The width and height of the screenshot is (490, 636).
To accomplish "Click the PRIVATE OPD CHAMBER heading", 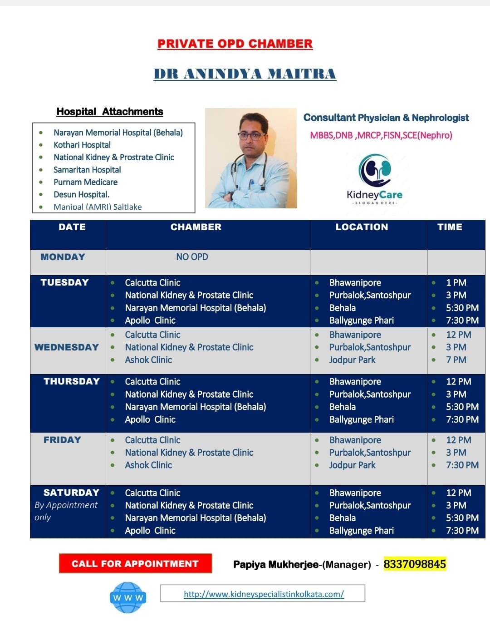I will click(x=235, y=44).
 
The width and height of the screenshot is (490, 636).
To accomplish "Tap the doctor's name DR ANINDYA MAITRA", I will click(x=245, y=74).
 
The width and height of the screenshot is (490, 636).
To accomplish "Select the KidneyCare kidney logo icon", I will click(x=375, y=170).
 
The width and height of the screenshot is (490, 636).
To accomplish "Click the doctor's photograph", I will click(x=251, y=158).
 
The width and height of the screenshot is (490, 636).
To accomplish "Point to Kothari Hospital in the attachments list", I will click(x=82, y=145).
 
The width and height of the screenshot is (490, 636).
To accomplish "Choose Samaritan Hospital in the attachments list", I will click(x=87, y=170).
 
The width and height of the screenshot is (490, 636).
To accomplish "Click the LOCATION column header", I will click(x=362, y=227).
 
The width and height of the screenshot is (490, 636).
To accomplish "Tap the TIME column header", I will click(x=450, y=227).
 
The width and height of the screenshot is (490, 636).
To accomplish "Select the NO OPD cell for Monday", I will click(x=192, y=257).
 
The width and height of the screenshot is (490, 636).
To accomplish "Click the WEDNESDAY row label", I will click(x=67, y=347).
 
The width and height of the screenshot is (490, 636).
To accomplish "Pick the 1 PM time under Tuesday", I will click(x=456, y=282).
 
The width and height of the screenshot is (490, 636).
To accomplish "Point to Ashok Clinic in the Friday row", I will click(x=148, y=465).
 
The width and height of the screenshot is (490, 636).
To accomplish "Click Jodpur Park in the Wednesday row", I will click(x=353, y=360).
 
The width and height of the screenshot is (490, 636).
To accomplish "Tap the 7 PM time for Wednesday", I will click(x=456, y=360).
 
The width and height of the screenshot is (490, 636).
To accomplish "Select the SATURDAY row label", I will click(x=71, y=493).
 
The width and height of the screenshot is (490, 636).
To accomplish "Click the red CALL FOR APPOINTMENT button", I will click(x=135, y=563).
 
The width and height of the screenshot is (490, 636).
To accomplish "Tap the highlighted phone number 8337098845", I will click(x=415, y=564).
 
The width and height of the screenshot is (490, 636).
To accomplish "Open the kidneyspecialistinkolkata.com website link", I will click(x=264, y=594).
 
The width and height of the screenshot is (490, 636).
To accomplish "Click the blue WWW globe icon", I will click(x=128, y=597).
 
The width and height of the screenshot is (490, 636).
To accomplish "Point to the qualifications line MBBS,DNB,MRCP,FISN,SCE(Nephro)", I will click(x=381, y=135).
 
